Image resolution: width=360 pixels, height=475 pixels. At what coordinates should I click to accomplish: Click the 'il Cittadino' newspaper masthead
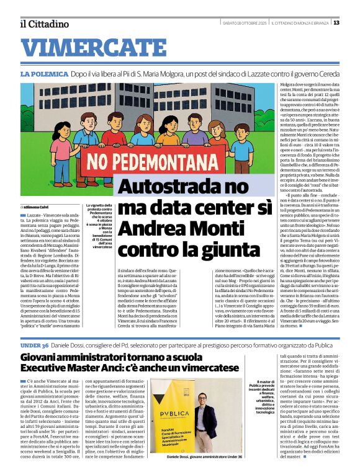point(44,24)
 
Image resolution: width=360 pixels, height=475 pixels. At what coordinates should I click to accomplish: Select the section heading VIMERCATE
point(87,47)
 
